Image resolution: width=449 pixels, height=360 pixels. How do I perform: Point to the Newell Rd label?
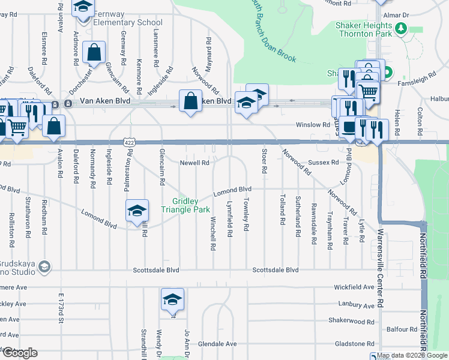click(x=194, y=163)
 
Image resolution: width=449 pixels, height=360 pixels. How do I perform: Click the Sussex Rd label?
click(x=325, y=163)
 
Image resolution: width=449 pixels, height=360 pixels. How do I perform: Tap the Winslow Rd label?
click(x=313, y=125)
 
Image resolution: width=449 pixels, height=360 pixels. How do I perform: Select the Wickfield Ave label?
click(x=355, y=287)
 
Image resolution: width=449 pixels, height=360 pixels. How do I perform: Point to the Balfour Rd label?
click(x=402, y=329)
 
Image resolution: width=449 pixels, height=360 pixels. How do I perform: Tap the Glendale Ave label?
click(x=219, y=344)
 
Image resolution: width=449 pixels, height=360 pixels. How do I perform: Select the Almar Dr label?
click(x=414, y=15)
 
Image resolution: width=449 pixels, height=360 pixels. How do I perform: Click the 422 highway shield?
click(x=129, y=142)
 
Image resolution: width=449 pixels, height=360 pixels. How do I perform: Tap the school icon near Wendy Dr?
click(x=172, y=299)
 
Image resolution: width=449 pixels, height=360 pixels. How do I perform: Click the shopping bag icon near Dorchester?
click(x=94, y=53)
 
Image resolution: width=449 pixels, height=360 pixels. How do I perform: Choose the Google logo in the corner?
click(x=20, y=353)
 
